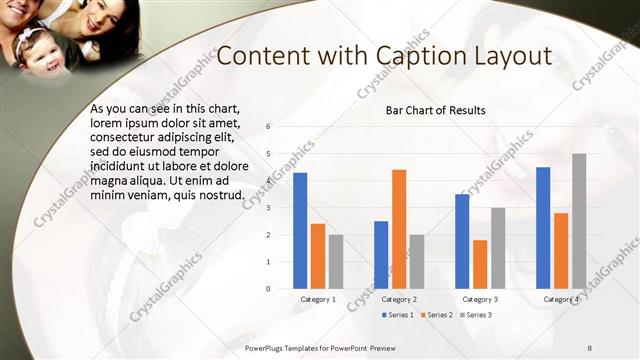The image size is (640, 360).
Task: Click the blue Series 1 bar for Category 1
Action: point(300,230)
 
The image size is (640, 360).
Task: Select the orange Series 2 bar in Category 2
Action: point(399,229)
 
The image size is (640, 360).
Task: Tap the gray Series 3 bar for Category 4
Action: point(579,221)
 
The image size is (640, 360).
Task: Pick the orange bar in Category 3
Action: point(480,264)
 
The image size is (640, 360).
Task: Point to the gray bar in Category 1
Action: point(336,261)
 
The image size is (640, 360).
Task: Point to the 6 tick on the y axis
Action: point(268,127)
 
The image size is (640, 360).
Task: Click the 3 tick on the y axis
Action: point(268,208)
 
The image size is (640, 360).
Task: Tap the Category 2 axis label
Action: point(399,299)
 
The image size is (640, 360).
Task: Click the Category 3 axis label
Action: point(480,299)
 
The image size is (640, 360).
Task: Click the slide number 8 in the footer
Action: point(590,346)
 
